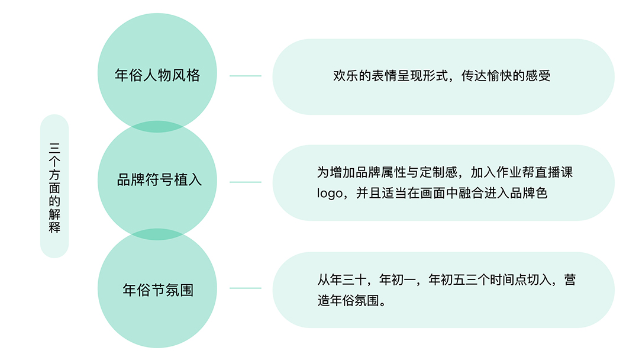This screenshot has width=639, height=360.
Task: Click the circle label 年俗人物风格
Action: tap(157, 76)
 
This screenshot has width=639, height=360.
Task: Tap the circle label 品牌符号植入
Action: tap(159, 180)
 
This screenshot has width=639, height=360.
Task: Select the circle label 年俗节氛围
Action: tap(158, 291)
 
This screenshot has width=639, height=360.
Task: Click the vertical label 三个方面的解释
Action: tap(54, 186)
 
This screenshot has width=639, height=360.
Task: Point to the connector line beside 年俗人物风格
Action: tap(245, 76)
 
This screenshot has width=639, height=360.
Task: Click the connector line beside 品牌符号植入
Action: tap(245, 182)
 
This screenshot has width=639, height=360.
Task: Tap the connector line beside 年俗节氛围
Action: tap(245, 288)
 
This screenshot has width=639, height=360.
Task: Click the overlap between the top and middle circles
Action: tap(157, 126)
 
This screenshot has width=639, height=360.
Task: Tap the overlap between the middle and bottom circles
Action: tap(157, 234)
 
